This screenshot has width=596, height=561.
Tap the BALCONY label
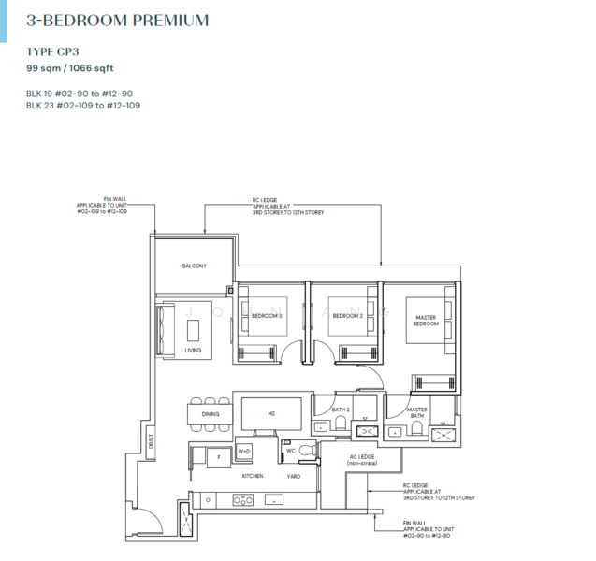pos(194,267)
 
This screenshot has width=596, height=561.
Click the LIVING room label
pos(193,351)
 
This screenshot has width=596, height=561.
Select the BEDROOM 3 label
pos(267,317)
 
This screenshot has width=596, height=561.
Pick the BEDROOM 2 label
pos(347,317)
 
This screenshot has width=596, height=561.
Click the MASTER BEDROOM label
pos(426,321)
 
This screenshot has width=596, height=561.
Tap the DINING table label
pos(211,412)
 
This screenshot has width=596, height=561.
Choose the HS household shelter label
pos(271,412)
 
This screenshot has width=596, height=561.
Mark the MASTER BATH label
pos(417,411)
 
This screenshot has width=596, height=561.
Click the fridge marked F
pos(219,457)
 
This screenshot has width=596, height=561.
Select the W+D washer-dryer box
pos(245,452)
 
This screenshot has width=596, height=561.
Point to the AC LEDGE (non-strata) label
pos(360,459)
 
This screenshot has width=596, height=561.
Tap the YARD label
pos(293,476)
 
